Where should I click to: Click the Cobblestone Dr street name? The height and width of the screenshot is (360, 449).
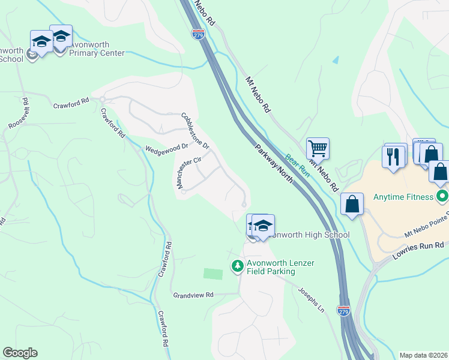pyautogui.click(x=195, y=131)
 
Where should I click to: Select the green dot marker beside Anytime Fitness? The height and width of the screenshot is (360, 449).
pyautogui.click(x=442, y=196)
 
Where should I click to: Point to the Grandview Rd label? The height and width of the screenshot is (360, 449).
pyautogui.click(x=193, y=295)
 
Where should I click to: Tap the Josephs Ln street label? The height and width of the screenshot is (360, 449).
pyautogui.click(x=312, y=299)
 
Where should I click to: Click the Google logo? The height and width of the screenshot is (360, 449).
pyautogui.click(x=20, y=353)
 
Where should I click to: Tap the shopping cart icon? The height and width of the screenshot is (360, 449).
pyautogui.click(x=318, y=148)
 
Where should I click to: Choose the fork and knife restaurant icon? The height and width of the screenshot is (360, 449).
pyautogui.click(x=394, y=157)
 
